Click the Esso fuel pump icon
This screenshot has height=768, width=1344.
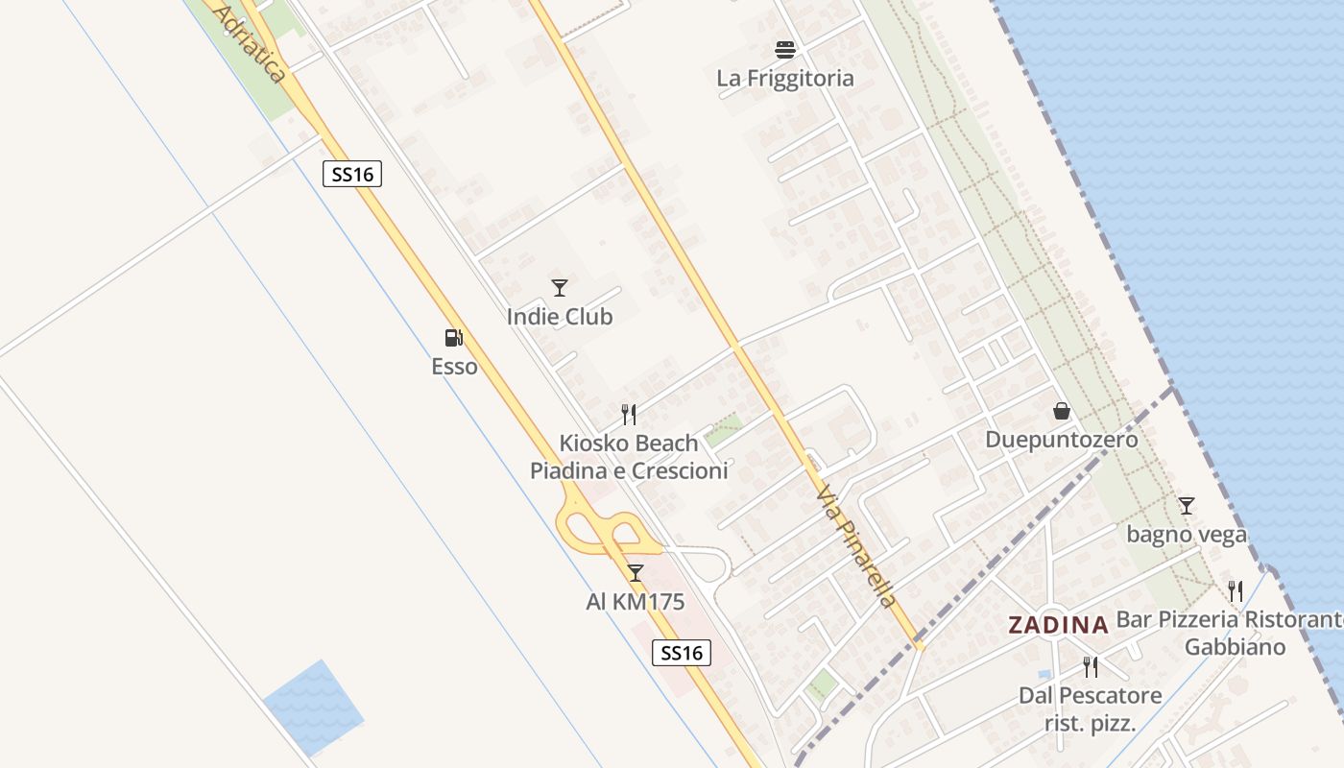tap(453, 338)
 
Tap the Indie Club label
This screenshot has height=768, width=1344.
tap(560, 317)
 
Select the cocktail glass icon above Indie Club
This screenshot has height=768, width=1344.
tap(560, 287)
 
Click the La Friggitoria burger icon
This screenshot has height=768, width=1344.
tap(785, 49)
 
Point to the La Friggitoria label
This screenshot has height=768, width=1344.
tap(785, 79)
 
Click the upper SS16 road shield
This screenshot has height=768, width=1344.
tap(352, 174)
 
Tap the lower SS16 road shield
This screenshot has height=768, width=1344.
tap(683, 653)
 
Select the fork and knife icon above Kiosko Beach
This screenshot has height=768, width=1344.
tap(629, 415)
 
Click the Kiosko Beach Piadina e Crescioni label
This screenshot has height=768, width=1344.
tap(629, 457)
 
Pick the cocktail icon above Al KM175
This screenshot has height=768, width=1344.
tap(635, 573)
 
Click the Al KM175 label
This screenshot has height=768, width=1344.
tap(635, 602)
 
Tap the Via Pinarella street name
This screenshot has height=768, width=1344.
tap(856, 545)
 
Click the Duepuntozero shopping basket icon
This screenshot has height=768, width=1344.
tap(1062, 411)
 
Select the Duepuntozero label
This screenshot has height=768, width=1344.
tap(1062, 440)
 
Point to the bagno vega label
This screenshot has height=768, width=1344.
tap(1187, 534)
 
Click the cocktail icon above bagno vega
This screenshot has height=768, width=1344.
tap(1187, 505)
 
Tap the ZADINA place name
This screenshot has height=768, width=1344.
tap(1058, 625)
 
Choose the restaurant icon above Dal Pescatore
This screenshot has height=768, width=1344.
tap(1090, 666)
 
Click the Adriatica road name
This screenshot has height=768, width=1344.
tap(251, 43)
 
